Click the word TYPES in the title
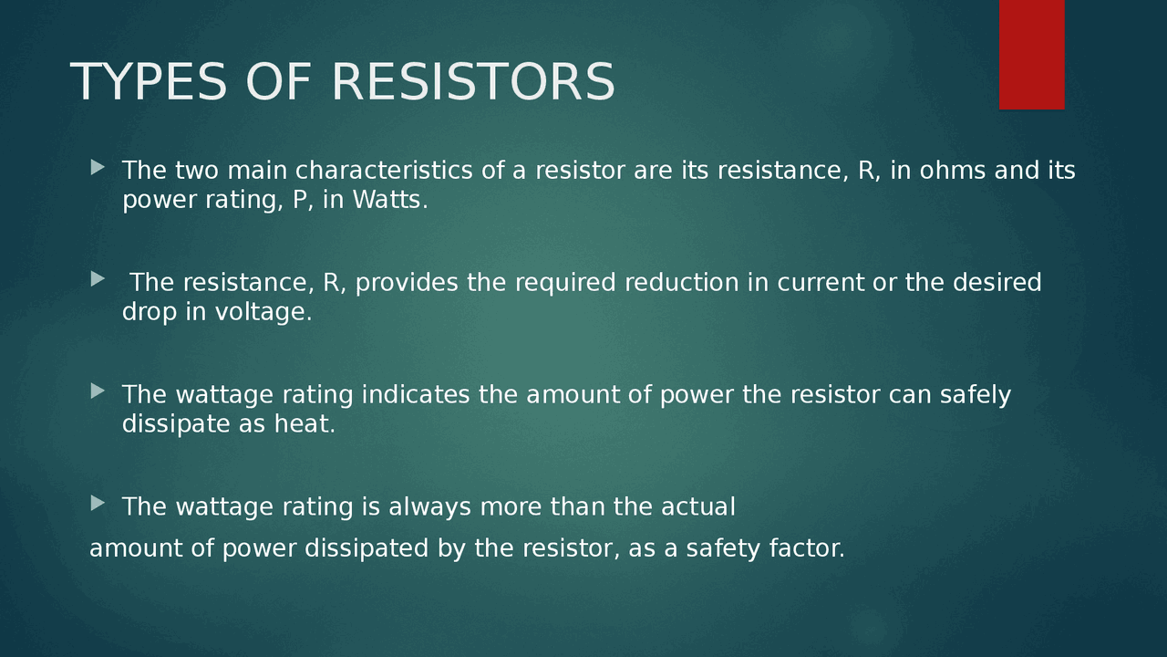click(148, 82)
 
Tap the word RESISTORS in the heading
click(473, 82)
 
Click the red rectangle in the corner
click(1031, 54)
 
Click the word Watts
click(389, 200)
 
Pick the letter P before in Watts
click(300, 200)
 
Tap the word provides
click(408, 283)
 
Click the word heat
click(305, 424)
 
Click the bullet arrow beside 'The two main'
click(98, 167)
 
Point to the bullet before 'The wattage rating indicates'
click(98, 391)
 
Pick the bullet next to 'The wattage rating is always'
click(98, 503)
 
